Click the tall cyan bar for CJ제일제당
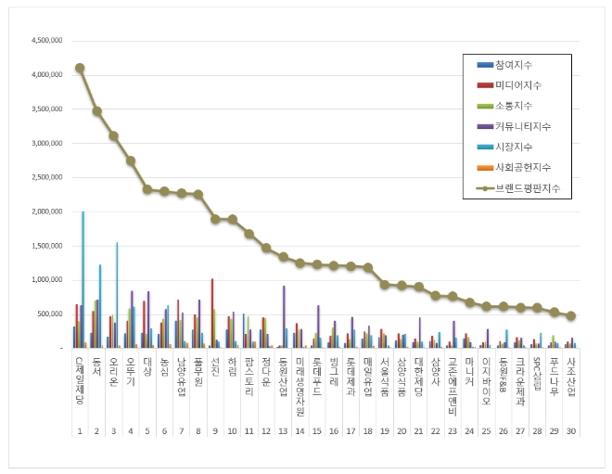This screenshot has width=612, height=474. click(83, 278)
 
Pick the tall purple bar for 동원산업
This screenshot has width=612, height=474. click(284, 316)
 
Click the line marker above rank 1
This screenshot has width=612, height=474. click(80, 68)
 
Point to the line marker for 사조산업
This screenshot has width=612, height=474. click(571, 315)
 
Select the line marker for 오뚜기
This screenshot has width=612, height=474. click(131, 160)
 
